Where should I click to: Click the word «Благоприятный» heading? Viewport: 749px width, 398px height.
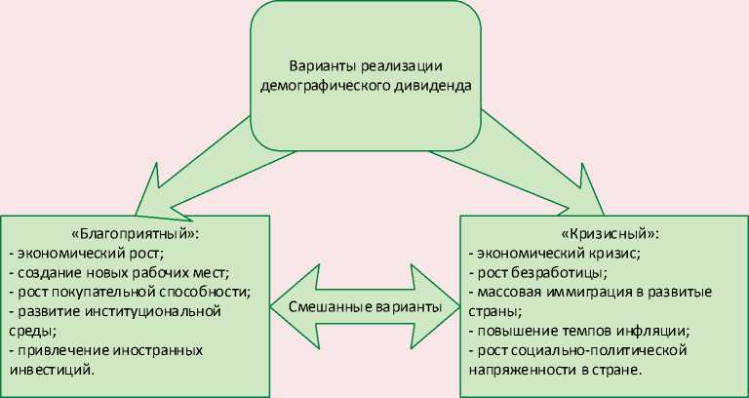coord(136,235)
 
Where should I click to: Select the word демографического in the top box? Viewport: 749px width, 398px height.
coord(315,85)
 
